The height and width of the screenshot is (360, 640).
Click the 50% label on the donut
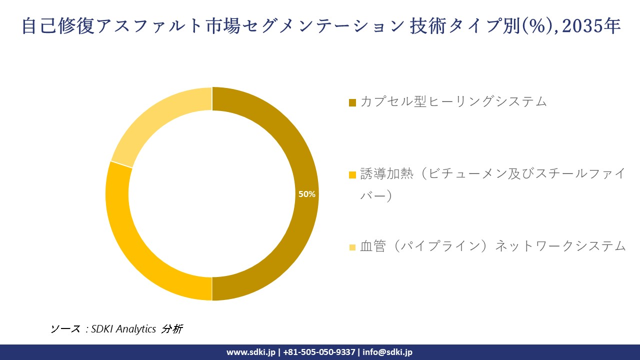coord(306,194)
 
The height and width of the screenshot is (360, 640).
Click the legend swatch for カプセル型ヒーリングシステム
coord(352,102)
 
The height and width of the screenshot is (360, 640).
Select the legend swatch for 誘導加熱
coord(352,174)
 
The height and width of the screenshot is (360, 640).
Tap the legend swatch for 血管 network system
coord(352,247)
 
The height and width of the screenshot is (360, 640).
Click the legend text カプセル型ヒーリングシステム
coord(453,101)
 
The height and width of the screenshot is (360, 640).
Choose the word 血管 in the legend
coord(373,246)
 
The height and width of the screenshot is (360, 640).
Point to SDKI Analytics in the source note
coord(123,329)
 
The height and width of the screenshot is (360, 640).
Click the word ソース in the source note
coord(65,329)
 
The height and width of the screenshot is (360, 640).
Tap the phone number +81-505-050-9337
coord(319,352)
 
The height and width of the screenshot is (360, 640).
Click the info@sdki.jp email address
coord(387,352)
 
